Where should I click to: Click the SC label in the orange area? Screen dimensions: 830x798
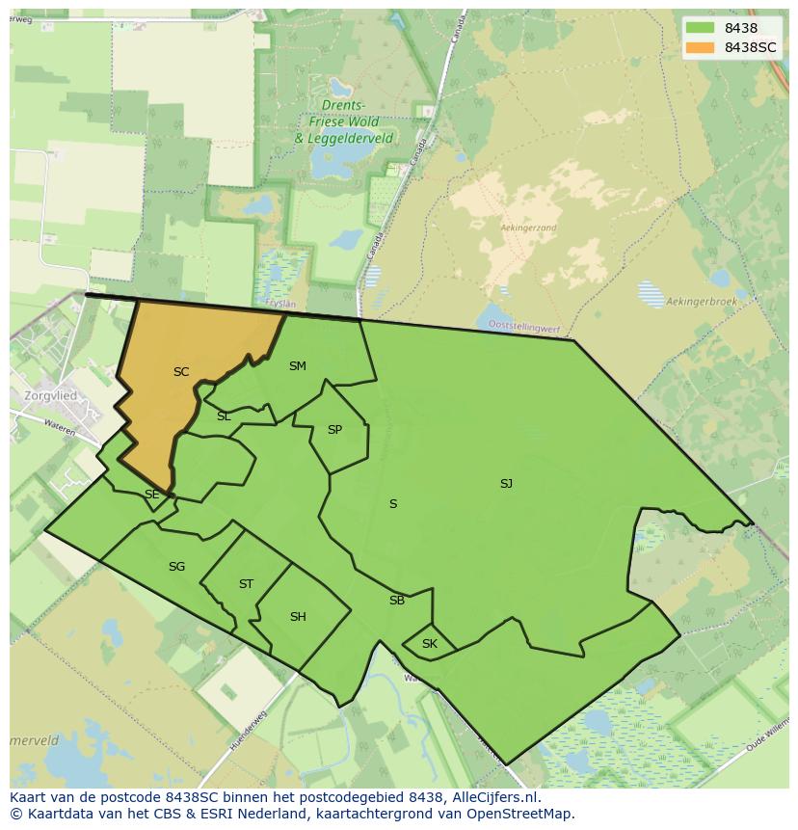tap(181, 372)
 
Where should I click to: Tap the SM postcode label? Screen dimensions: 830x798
tap(297, 366)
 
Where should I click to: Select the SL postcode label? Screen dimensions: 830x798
tap(224, 416)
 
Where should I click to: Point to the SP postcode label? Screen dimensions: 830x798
tap(334, 430)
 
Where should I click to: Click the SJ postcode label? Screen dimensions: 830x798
tap(506, 484)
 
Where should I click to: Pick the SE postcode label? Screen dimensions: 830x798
tap(151, 495)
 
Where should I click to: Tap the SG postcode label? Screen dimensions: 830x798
tap(176, 567)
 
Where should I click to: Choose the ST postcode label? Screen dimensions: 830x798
tap(246, 584)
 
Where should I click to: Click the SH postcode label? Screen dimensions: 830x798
tap(298, 617)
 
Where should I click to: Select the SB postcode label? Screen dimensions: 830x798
tap(397, 601)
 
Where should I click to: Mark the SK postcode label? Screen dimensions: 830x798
tap(430, 644)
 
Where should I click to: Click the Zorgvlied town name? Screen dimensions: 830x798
tap(50, 395)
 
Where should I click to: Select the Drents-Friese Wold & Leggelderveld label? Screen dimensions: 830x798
tap(344, 121)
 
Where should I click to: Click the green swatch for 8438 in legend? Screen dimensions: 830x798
tap(701, 29)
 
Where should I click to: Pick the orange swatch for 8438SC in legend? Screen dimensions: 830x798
tap(701, 47)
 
